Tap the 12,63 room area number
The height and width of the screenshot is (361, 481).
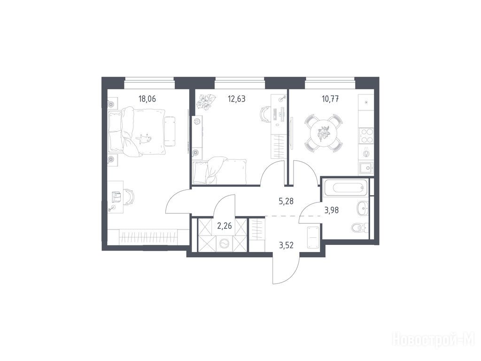[x=237, y=99]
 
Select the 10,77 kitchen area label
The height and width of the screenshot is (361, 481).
[x=330, y=99]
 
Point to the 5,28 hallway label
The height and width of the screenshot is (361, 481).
[x=287, y=202]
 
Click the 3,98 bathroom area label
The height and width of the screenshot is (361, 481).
[x=332, y=210]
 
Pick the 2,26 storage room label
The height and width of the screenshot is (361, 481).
[x=224, y=226]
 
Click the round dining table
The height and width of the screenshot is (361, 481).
[x=323, y=133]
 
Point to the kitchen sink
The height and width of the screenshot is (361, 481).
[x=366, y=168]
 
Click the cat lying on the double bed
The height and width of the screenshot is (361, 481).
[x=144, y=139]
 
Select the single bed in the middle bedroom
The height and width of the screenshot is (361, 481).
[x=219, y=170]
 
